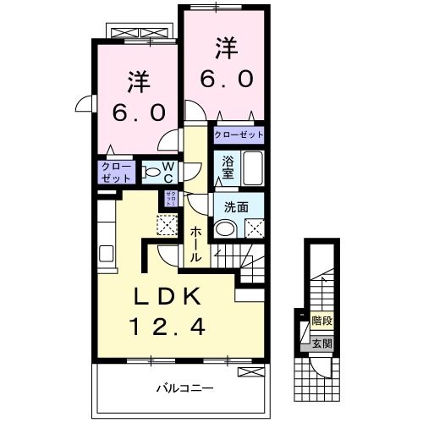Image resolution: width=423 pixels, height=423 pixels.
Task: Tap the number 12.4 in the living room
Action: pos(167,326)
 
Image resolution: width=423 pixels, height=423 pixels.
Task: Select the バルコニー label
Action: pos(184,388)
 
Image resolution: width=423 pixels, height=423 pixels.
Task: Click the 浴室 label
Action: pos(228,167)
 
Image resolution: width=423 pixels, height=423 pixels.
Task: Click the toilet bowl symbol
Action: pos(152,173)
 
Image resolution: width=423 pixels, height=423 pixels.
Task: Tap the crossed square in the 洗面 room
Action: pos(254,228)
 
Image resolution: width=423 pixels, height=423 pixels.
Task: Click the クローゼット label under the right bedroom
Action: pos(238,135)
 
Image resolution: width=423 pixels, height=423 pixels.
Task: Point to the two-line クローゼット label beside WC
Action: pos(116,172)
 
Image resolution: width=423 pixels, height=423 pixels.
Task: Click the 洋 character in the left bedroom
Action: pos(138,82)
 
